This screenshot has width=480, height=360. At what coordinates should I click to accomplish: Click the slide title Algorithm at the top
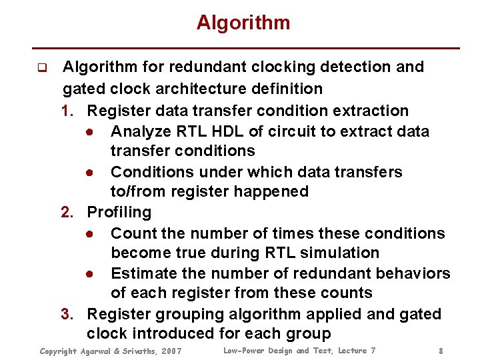pyautogui.click(x=243, y=23)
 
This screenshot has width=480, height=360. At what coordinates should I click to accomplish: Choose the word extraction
pyautogui.click(x=372, y=111)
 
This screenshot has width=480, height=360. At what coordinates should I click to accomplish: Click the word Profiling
pyautogui.click(x=120, y=213)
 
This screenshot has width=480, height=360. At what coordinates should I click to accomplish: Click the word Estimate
pyautogui.click(x=142, y=274)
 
